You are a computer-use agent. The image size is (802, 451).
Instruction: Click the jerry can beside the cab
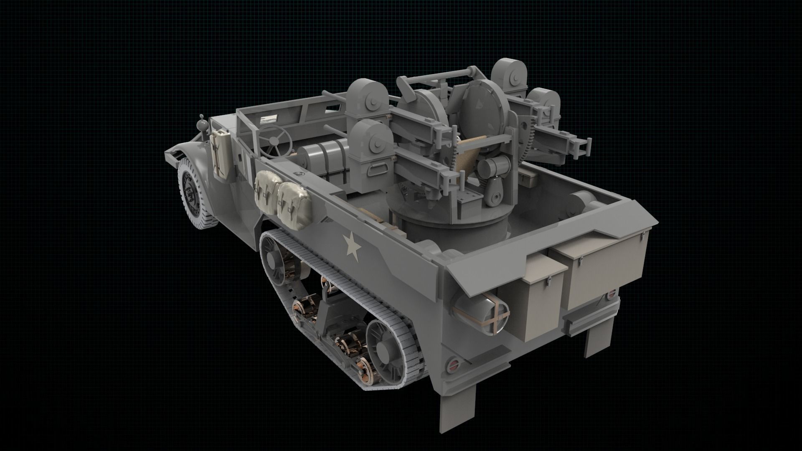pyautogui.click(x=221, y=154)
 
